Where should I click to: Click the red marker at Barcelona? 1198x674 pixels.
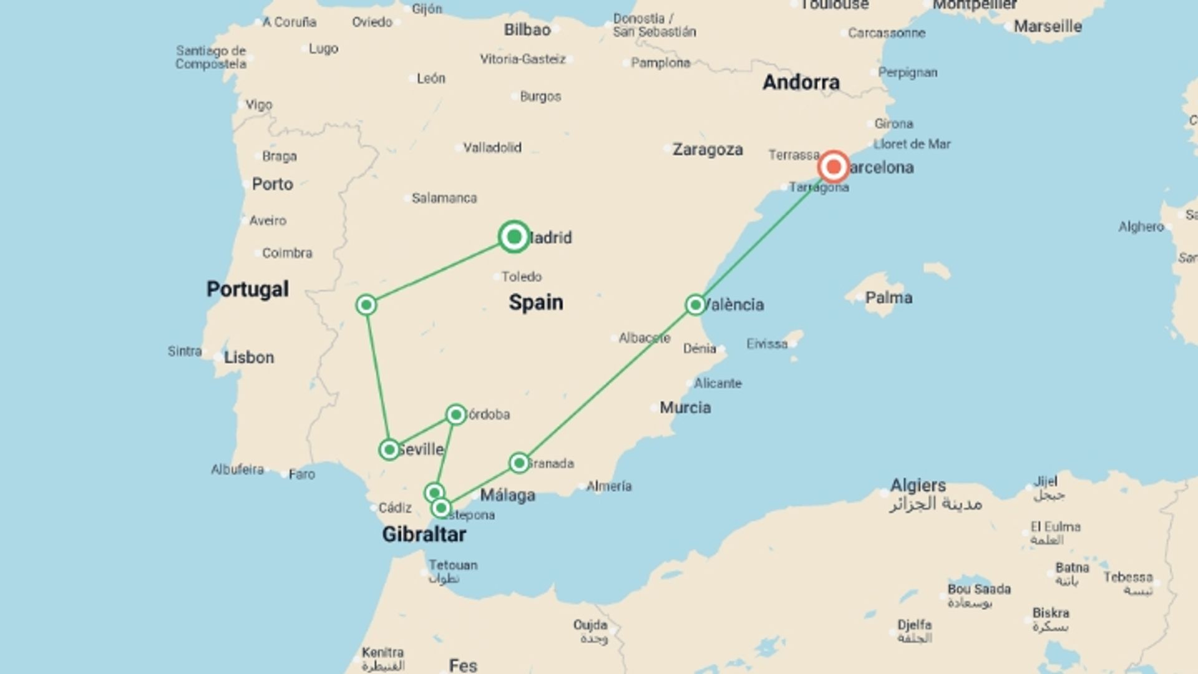click(x=833, y=167)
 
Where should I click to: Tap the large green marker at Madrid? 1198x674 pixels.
click(x=514, y=237)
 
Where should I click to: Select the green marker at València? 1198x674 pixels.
click(x=695, y=305)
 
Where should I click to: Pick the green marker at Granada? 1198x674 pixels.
click(x=519, y=463)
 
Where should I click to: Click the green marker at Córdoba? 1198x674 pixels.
click(x=456, y=414)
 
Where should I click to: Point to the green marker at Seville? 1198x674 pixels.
click(x=389, y=449)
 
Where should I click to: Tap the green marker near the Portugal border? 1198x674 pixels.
click(x=366, y=305)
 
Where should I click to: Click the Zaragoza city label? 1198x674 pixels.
click(x=708, y=150)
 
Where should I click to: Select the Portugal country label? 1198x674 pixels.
click(x=248, y=289)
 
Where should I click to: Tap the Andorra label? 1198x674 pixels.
click(x=801, y=82)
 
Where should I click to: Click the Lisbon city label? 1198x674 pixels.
click(x=249, y=358)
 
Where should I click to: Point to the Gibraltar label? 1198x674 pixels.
click(x=424, y=534)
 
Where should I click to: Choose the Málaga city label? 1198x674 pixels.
click(x=507, y=496)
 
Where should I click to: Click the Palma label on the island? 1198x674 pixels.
click(x=889, y=298)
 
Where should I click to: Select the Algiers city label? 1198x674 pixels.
click(x=918, y=486)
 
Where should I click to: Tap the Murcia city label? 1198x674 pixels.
click(x=685, y=408)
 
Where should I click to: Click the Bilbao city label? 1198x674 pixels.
click(x=527, y=29)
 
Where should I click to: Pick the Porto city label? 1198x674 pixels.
click(x=272, y=184)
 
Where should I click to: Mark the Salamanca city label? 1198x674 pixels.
click(x=444, y=198)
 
